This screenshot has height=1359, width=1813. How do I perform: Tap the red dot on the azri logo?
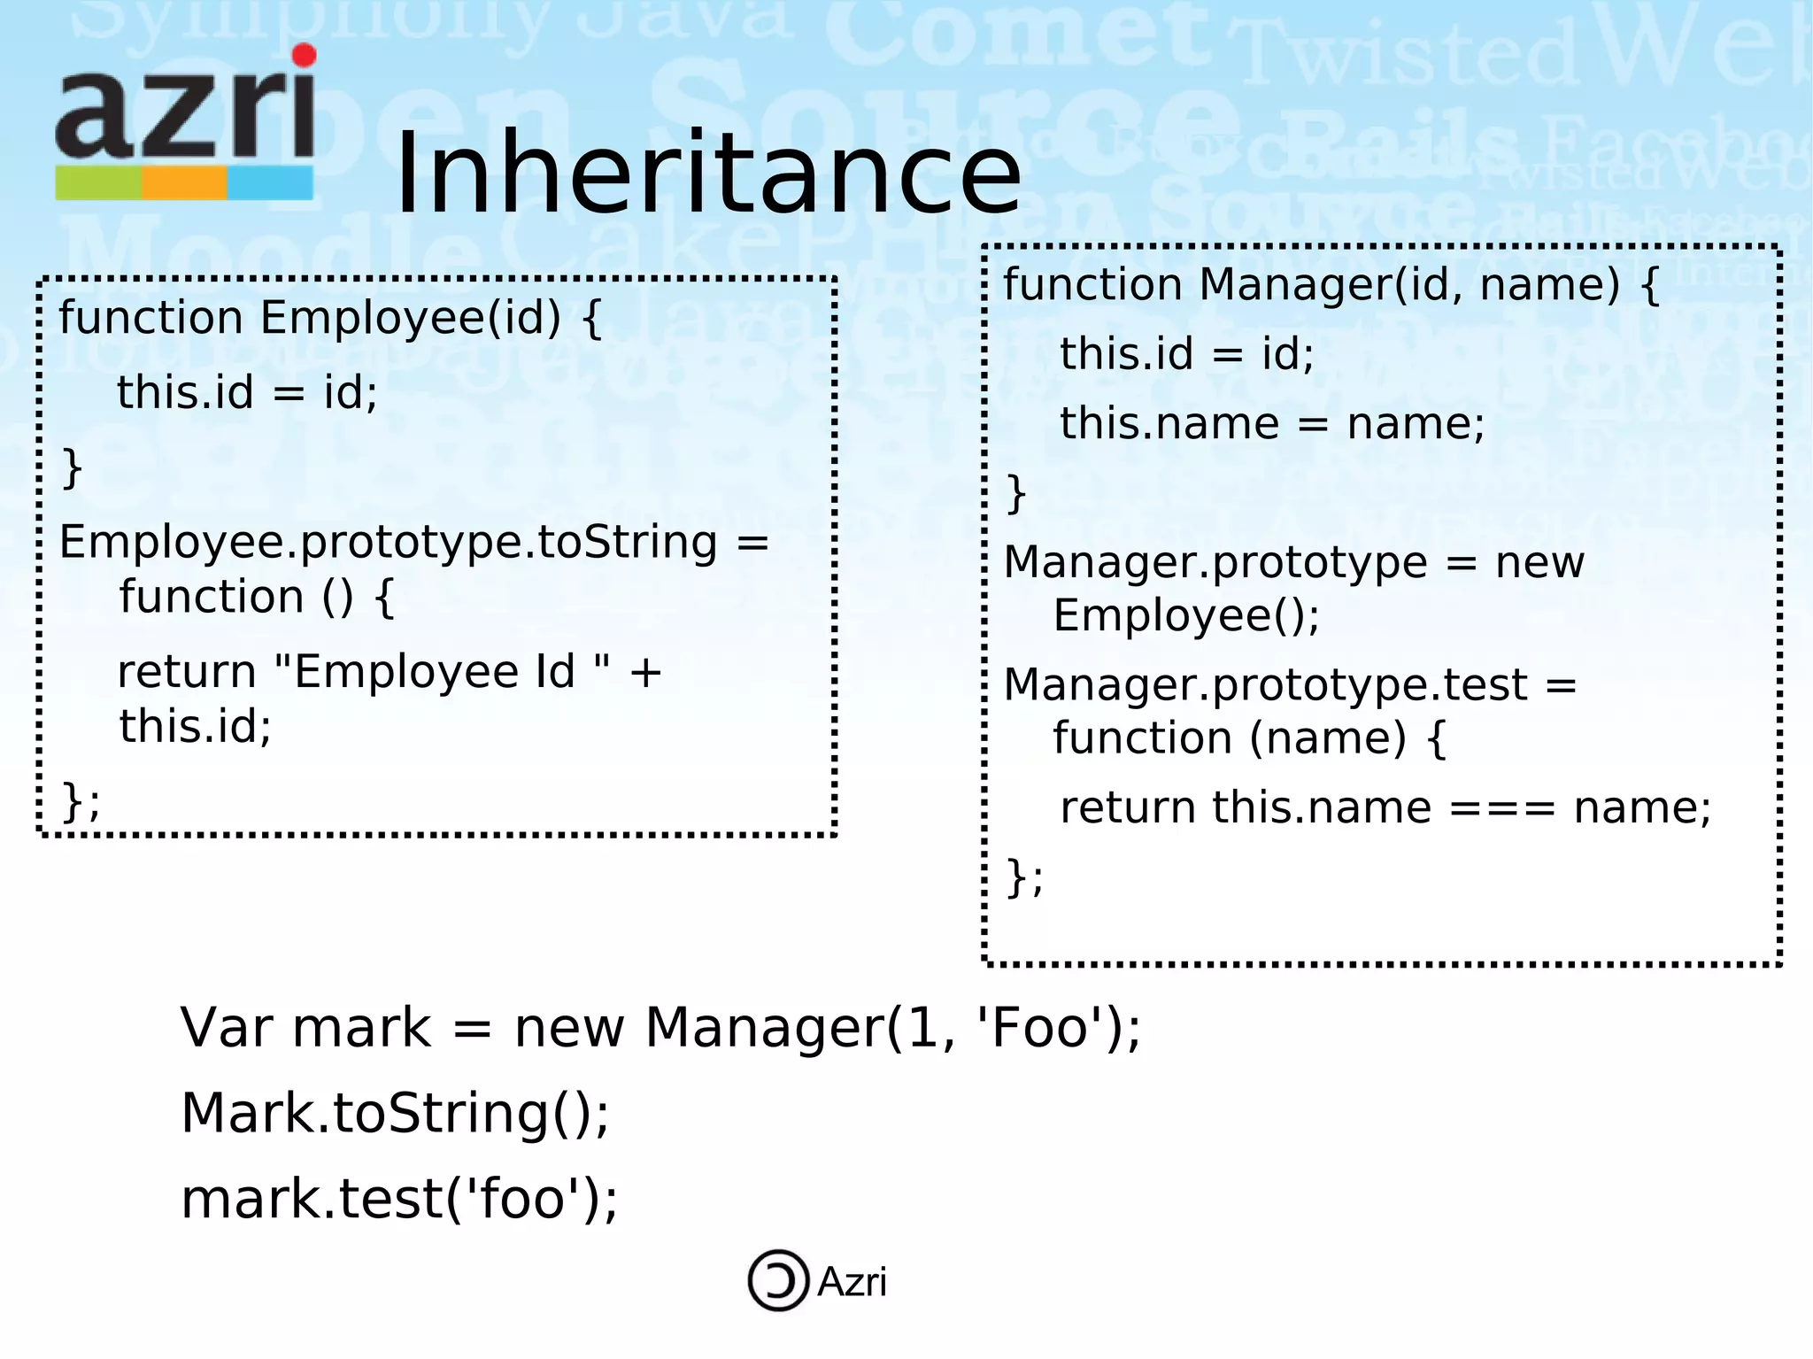click(x=304, y=56)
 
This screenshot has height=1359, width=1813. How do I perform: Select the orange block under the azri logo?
click(x=184, y=183)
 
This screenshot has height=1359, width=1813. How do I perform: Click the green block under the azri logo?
click(x=98, y=183)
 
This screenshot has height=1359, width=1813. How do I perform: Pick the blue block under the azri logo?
click(x=270, y=183)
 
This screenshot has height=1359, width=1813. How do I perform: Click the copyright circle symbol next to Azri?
click(x=778, y=1280)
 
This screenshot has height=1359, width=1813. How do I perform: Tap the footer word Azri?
click(x=852, y=1282)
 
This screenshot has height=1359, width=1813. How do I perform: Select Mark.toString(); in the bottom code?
click(x=395, y=1113)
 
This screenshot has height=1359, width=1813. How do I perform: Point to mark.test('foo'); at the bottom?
click(x=398, y=1199)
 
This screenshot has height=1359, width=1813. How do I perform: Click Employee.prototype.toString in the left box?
click(x=388, y=542)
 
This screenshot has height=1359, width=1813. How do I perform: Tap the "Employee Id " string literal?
click(x=442, y=672)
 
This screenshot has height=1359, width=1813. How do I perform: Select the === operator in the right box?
click(x=1502, y=807)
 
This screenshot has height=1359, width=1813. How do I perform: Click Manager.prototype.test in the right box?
click(x=1265, y=684)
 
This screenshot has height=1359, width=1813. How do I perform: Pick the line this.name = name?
click(x=1271, y=423)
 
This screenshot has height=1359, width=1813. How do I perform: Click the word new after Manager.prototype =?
click(x=1539, y=562)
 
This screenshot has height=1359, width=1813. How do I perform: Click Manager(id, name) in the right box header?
click(x=1408, y=284)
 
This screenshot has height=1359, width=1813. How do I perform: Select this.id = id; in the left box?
click(x=247, y=392)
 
